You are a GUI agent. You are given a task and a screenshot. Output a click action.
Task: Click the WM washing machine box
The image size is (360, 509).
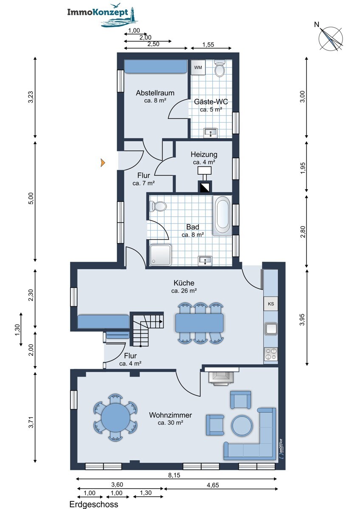198,67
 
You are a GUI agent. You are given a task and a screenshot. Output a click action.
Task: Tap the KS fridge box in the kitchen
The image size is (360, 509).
270,304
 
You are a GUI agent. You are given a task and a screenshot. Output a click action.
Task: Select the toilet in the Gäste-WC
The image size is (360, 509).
219,68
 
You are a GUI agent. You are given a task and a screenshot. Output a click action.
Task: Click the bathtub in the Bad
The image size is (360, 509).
222,215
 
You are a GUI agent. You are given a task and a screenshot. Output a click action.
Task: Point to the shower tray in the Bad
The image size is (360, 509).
160,255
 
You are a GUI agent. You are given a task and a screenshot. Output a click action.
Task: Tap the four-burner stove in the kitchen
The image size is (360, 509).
271,354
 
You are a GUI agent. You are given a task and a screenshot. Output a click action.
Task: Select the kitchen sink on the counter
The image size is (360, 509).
270,329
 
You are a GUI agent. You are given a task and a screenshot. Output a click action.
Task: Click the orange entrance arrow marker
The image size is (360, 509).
103,163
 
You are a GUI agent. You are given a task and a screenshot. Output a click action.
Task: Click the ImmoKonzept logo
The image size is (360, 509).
102,15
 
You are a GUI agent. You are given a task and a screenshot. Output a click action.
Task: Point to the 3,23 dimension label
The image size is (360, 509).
31,97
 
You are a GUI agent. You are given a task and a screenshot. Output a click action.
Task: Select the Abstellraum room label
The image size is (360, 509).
155,93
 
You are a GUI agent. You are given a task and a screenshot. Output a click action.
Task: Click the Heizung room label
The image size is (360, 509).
204,154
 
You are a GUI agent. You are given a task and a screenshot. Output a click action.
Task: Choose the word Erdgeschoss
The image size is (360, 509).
94,504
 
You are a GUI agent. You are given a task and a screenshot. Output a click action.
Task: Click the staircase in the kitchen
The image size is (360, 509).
147,329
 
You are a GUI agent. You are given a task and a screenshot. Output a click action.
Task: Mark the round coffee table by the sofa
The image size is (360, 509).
242,425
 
